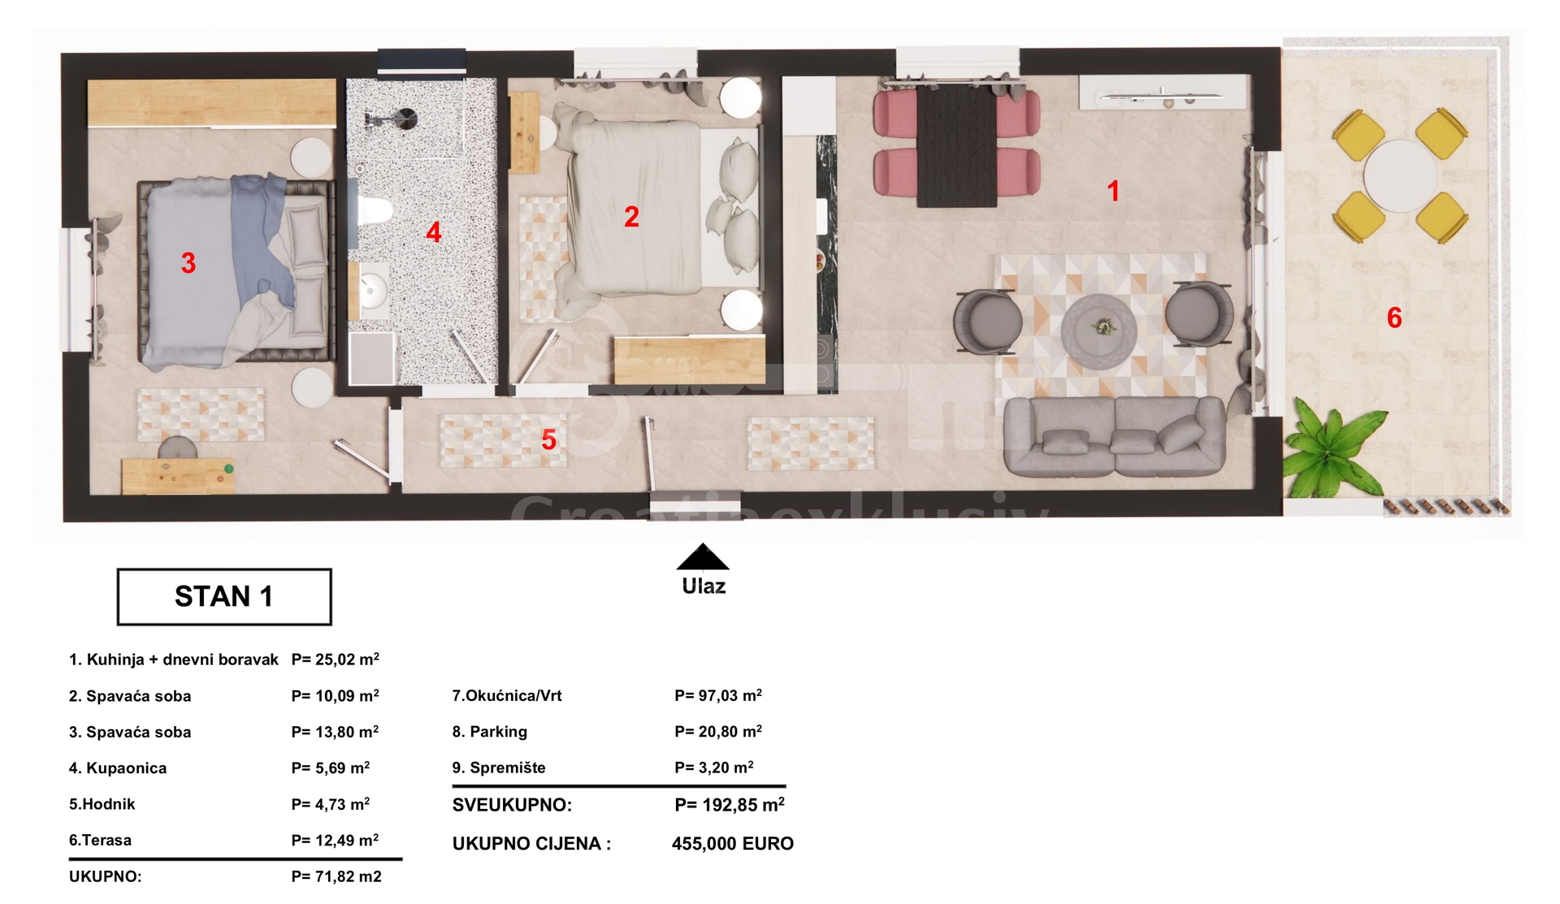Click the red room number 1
tap(1113, 191)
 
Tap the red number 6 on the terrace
tap(1394, 318)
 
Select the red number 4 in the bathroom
tap(434, 233)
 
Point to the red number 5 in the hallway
tap(548, 440)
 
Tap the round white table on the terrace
tap(1400, 175)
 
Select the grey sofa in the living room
tap(1114, 436)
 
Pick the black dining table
tap(957, 145)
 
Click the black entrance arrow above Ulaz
tap(703, 556)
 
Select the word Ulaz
tap(704, 586)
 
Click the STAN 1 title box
tap(224, 597)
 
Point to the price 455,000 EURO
tap(733, 844)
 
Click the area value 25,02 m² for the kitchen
tap(335, 659)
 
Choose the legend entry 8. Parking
tap(490, 732)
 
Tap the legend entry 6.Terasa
tap(100, 840)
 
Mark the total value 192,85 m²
tap(730, 805)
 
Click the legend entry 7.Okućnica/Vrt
tap(507, 695)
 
